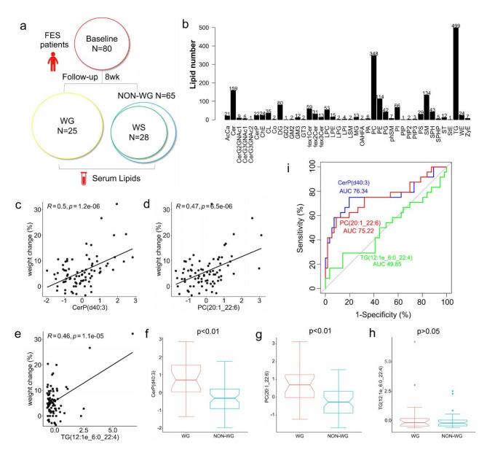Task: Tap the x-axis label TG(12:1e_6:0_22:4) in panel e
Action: click(x=84, y=324)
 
